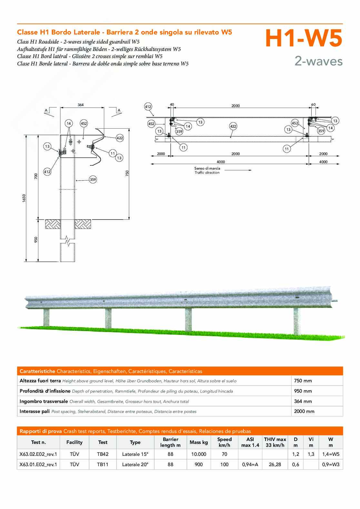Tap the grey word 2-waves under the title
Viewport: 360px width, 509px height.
tap(319, 61)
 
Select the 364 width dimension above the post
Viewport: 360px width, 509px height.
tap(81, 105)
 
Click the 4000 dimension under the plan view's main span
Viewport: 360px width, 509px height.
tap(221, 162)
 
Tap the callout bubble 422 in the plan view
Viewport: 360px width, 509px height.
tap(233, 126)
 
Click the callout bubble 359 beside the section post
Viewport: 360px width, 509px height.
tap(93, 180)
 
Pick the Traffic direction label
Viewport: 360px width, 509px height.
tap(207, 172)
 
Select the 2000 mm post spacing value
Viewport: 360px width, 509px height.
tap(304, 411)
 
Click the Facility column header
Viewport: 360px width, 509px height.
tap(75, 442)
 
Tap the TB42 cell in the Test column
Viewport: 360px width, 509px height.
tap(103, 454)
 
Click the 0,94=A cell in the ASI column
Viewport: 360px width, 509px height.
tap(250, 465)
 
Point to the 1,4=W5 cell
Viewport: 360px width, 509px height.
tap(331, 454)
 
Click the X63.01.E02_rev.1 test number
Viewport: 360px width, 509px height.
tap(38, 465)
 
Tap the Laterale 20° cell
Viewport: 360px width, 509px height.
tap(135, 465)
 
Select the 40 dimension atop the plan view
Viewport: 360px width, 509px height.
tap(172, 104)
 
